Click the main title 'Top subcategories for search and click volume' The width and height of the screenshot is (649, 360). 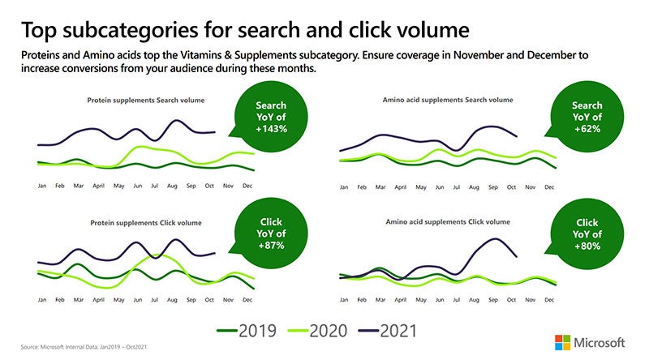coord(244,30)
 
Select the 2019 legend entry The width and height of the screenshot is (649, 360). coord(247,331)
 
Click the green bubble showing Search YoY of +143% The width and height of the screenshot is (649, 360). coord(271,122)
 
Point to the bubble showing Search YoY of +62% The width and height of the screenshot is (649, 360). coord(586,122)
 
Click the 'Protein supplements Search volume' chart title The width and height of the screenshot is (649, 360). coord(146,101)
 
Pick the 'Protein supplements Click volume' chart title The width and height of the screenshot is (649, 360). coord(145,222)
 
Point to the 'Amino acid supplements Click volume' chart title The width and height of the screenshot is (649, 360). coord(446,221)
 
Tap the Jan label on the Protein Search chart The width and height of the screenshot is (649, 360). coord(42,186)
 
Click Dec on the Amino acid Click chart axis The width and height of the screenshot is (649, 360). coord(549,300)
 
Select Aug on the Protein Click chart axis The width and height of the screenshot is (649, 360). coord(172,300)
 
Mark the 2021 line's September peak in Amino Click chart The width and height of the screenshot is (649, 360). coord(493,239)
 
